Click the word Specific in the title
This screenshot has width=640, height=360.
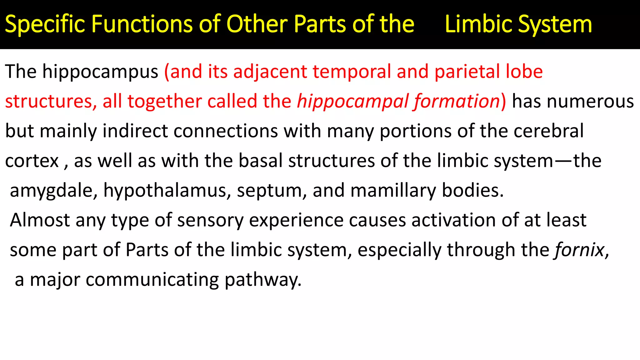[45, 24]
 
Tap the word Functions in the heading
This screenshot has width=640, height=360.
[142, 24]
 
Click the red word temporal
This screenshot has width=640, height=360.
[352, 72]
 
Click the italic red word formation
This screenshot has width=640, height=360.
[457, 102]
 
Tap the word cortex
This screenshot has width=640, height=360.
[32, 161]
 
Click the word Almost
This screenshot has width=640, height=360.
[40, 220]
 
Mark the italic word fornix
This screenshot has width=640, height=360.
[579, 250]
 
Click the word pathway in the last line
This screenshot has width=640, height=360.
[263, 280]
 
